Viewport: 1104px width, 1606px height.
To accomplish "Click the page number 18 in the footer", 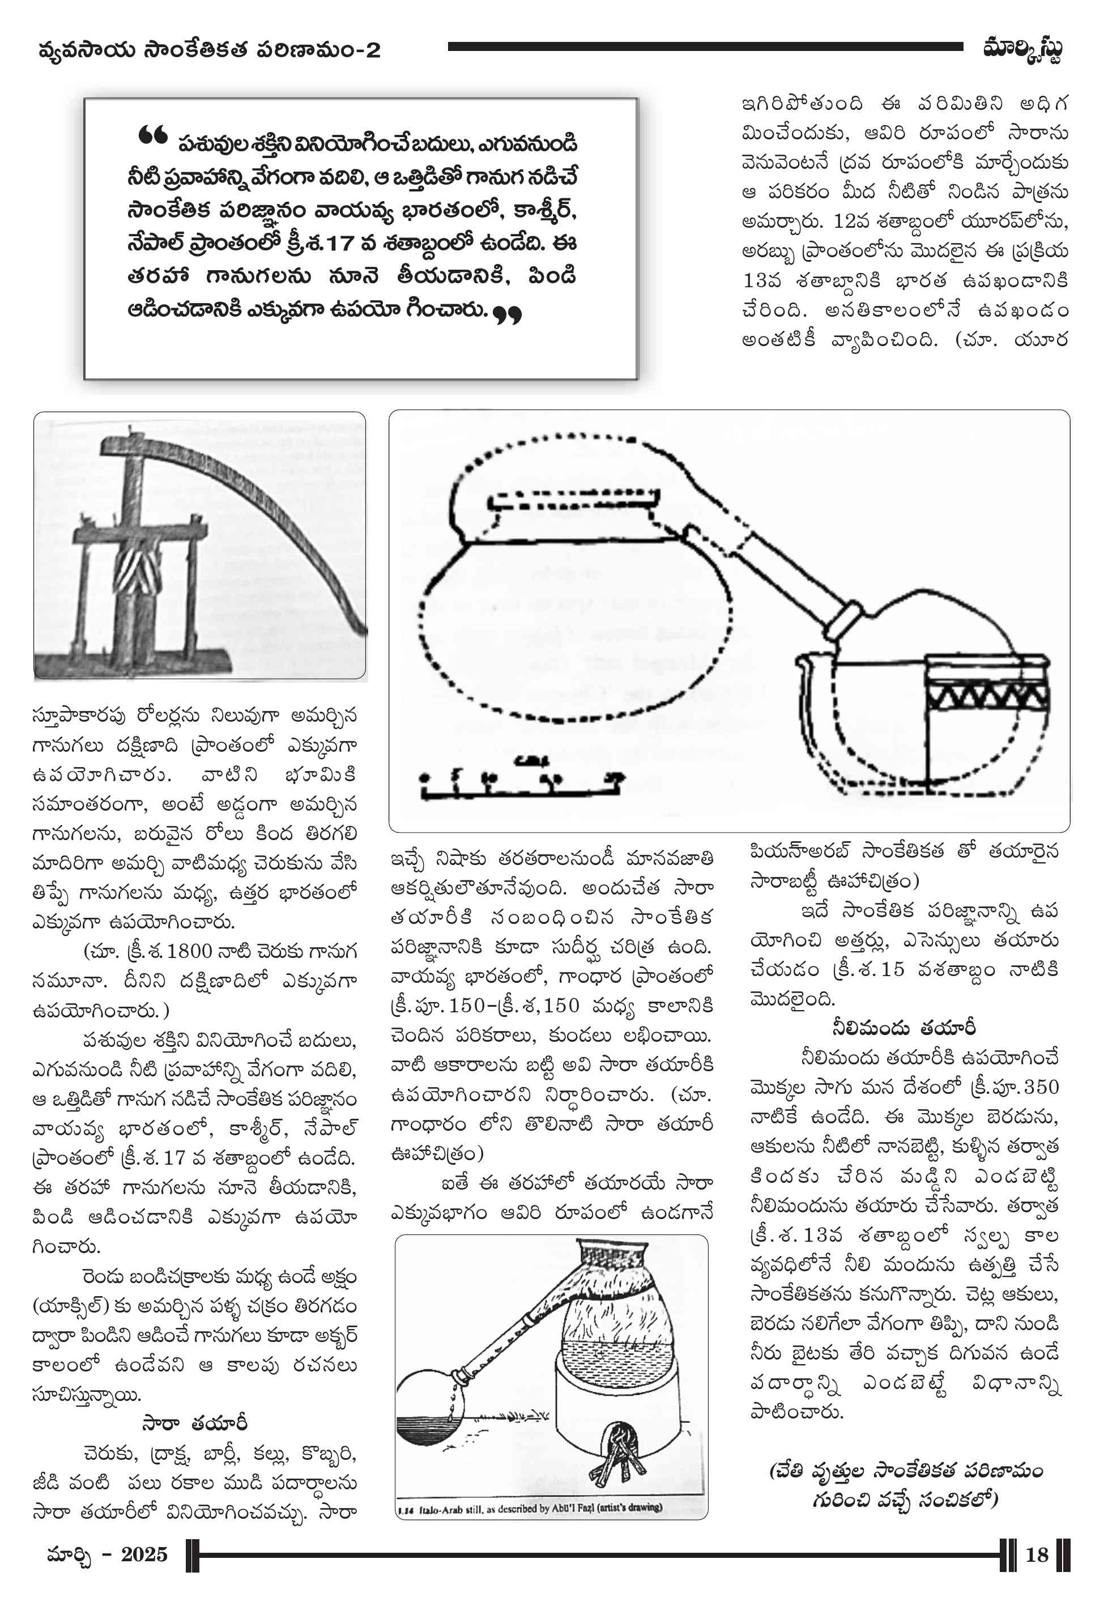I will pyautogui.click(x=1036, y=1556).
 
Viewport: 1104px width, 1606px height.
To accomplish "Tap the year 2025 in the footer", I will pyautogui.click(x=144, y=1555).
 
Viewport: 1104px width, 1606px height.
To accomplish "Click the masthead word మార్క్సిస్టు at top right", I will pyautogui.click(x=1022, y=50).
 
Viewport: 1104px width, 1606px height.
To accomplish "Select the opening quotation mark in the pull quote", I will pyautogui.click(x=152, y=135).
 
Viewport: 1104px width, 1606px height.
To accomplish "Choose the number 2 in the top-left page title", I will pyautogui.click(x=373, y=50).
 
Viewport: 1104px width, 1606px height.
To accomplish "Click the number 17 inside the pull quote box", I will pyautogui.click(x=340, y=244).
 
